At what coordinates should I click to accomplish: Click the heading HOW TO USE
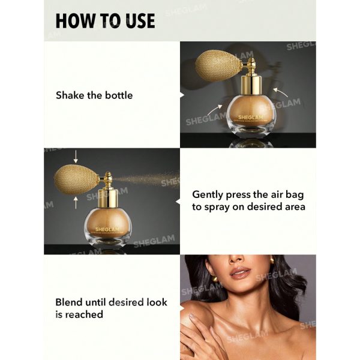[x=105, y=20]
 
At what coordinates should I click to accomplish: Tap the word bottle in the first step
[x=118, y=95]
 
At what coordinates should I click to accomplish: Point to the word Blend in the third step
[x=70, y=302]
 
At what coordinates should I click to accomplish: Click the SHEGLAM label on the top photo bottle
[x=247, y=118]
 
